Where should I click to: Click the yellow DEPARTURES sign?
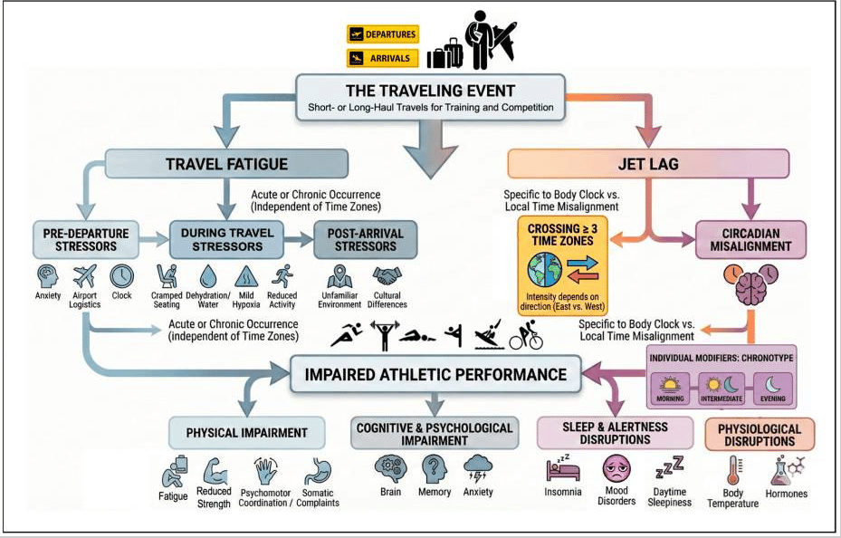click(382, 34)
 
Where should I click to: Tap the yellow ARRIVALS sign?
click(382, 58)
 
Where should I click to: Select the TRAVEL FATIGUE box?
click(226, 165)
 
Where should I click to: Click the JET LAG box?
click(645, 165)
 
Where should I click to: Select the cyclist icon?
click(525, 337)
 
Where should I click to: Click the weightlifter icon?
click(385, 337)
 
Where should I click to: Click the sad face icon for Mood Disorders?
click(616, 470)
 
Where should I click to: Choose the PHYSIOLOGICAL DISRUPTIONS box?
click(759, 435)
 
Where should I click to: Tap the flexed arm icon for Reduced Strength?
click(214, 471)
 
